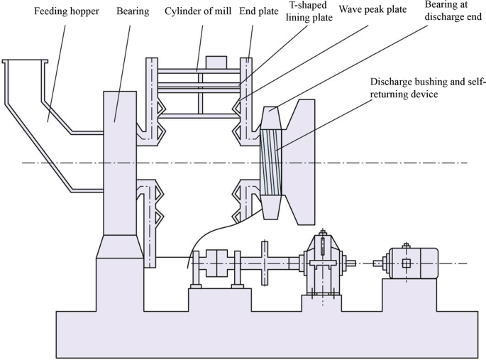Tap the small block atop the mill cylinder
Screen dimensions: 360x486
coord(215,62)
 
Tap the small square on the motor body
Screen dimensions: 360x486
coord(406,263)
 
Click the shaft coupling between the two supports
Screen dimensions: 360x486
coord(217,264)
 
